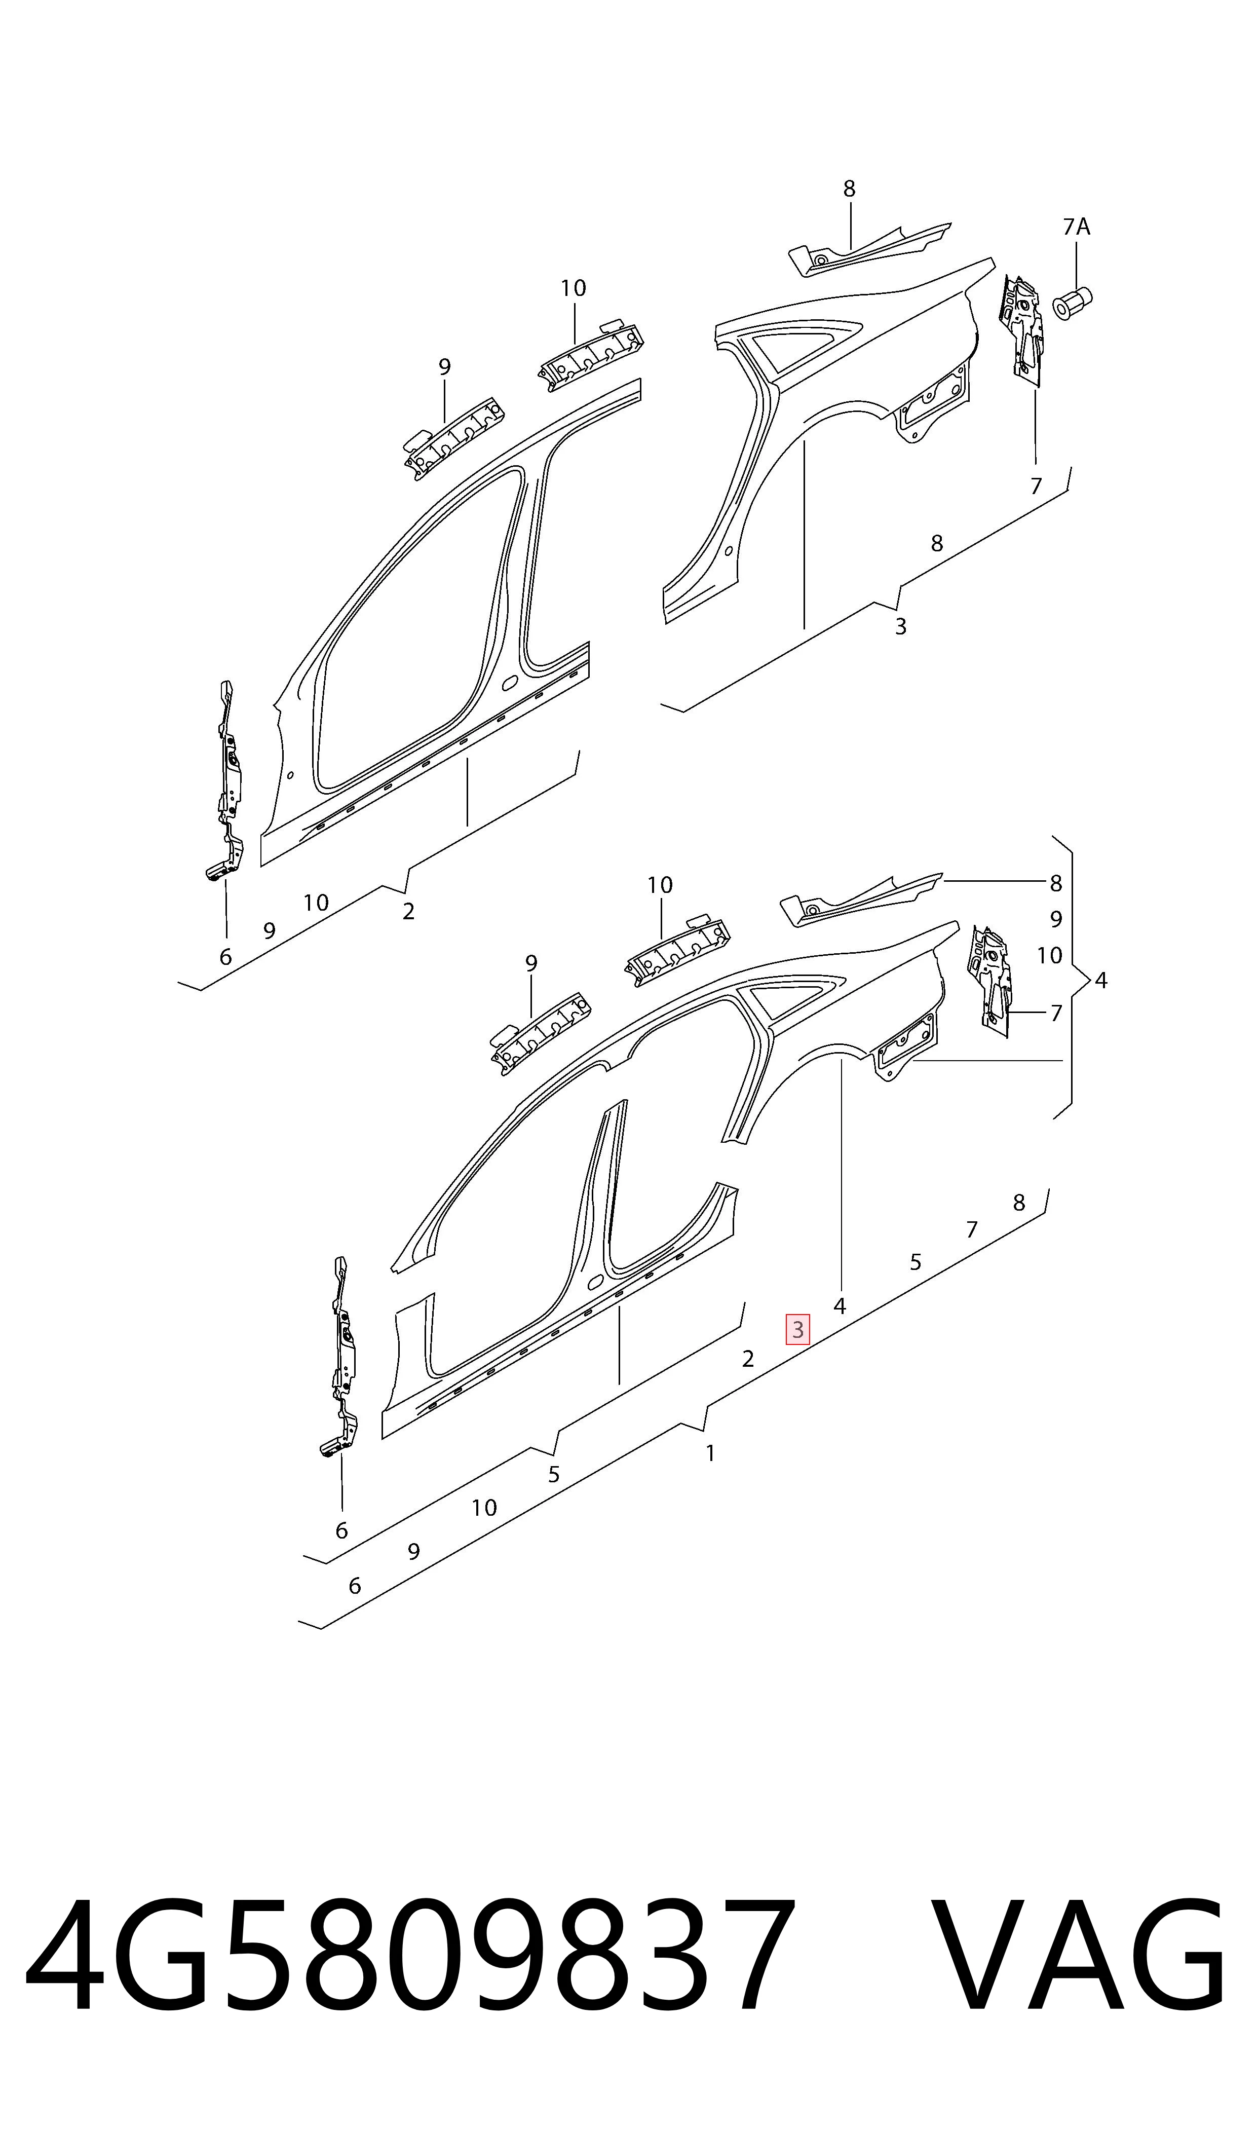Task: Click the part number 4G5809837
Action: (x=411, y=1971)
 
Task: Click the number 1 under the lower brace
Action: (x=710, y=1453)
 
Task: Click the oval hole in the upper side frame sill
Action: (x=510, y=683)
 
